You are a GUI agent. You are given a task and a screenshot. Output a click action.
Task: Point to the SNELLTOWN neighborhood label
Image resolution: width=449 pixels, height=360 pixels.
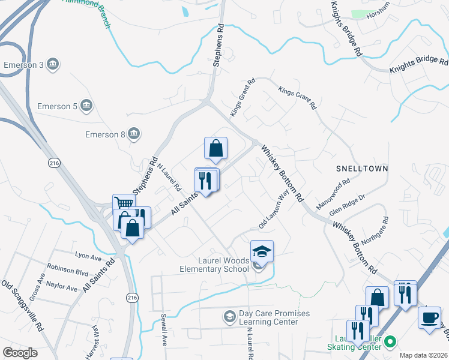click(362, 169)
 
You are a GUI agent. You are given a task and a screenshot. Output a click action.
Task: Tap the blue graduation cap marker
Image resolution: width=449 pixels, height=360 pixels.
click(262, 251)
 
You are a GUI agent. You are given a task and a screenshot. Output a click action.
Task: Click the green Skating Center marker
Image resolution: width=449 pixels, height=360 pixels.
click(391, 343)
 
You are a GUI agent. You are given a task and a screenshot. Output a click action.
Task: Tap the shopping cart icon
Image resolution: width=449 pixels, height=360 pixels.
click(123, 204)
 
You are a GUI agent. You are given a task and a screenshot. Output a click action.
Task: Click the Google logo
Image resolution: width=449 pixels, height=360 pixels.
click(20, 353)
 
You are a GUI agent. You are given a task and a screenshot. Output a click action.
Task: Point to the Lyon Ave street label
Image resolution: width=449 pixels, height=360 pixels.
click(88, 256)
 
